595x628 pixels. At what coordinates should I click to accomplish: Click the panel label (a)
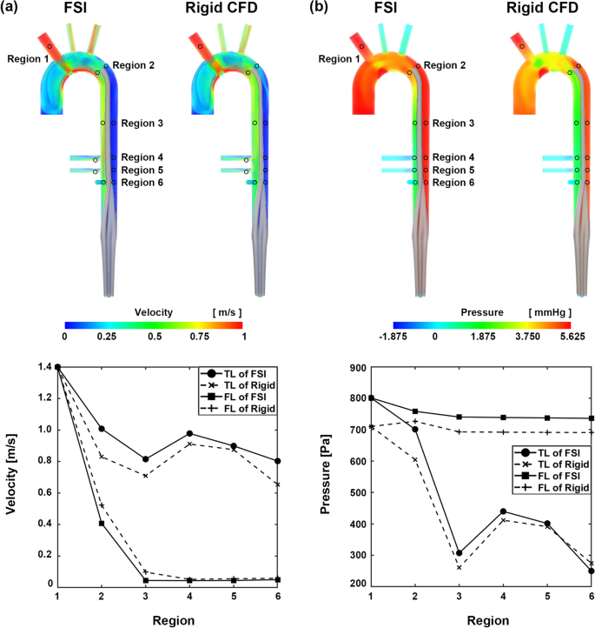[14, 10]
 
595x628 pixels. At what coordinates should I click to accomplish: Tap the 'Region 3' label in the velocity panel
[143, 124]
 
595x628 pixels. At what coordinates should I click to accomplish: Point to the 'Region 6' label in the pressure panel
[453, 183]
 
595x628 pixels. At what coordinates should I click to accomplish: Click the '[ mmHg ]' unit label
[549, 311]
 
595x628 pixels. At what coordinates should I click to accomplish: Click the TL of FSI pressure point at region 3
[458, 553]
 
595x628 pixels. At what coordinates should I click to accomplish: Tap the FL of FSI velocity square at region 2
[102, 523]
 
